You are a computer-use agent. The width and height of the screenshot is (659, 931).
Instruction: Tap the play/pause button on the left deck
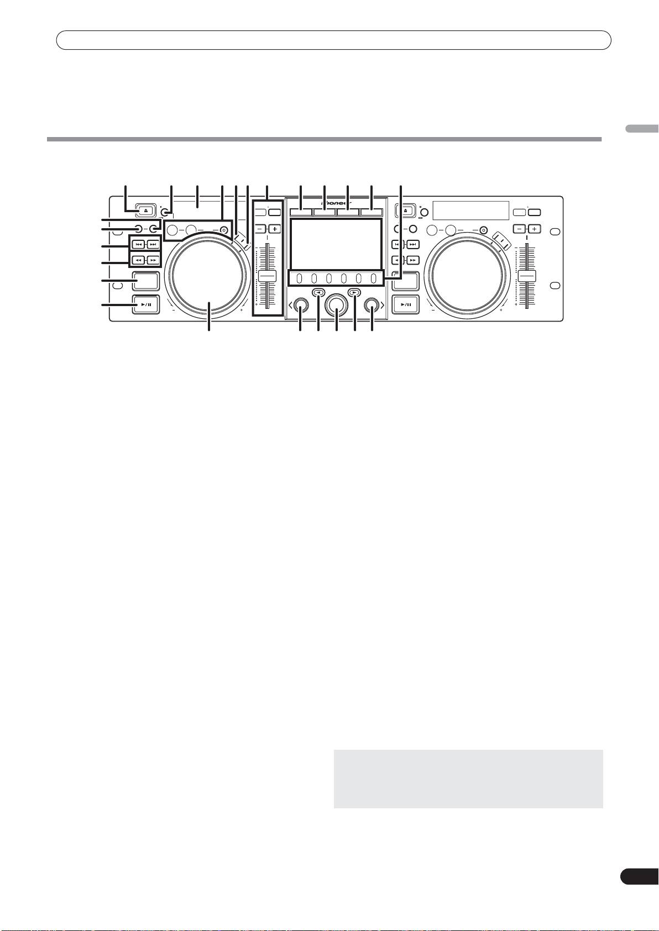pos(146,305)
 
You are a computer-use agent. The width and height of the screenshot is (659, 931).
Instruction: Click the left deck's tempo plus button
pos(275,228)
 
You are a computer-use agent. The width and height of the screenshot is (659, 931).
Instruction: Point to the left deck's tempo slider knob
pos(267,277)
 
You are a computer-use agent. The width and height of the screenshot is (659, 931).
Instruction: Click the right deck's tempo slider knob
pos(527,277)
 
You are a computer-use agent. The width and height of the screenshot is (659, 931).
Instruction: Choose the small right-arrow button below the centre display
pos(354,293)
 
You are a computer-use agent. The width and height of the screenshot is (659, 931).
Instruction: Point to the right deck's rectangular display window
pos(470,210)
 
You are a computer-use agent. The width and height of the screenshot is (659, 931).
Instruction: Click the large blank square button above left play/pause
pos(146,281)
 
